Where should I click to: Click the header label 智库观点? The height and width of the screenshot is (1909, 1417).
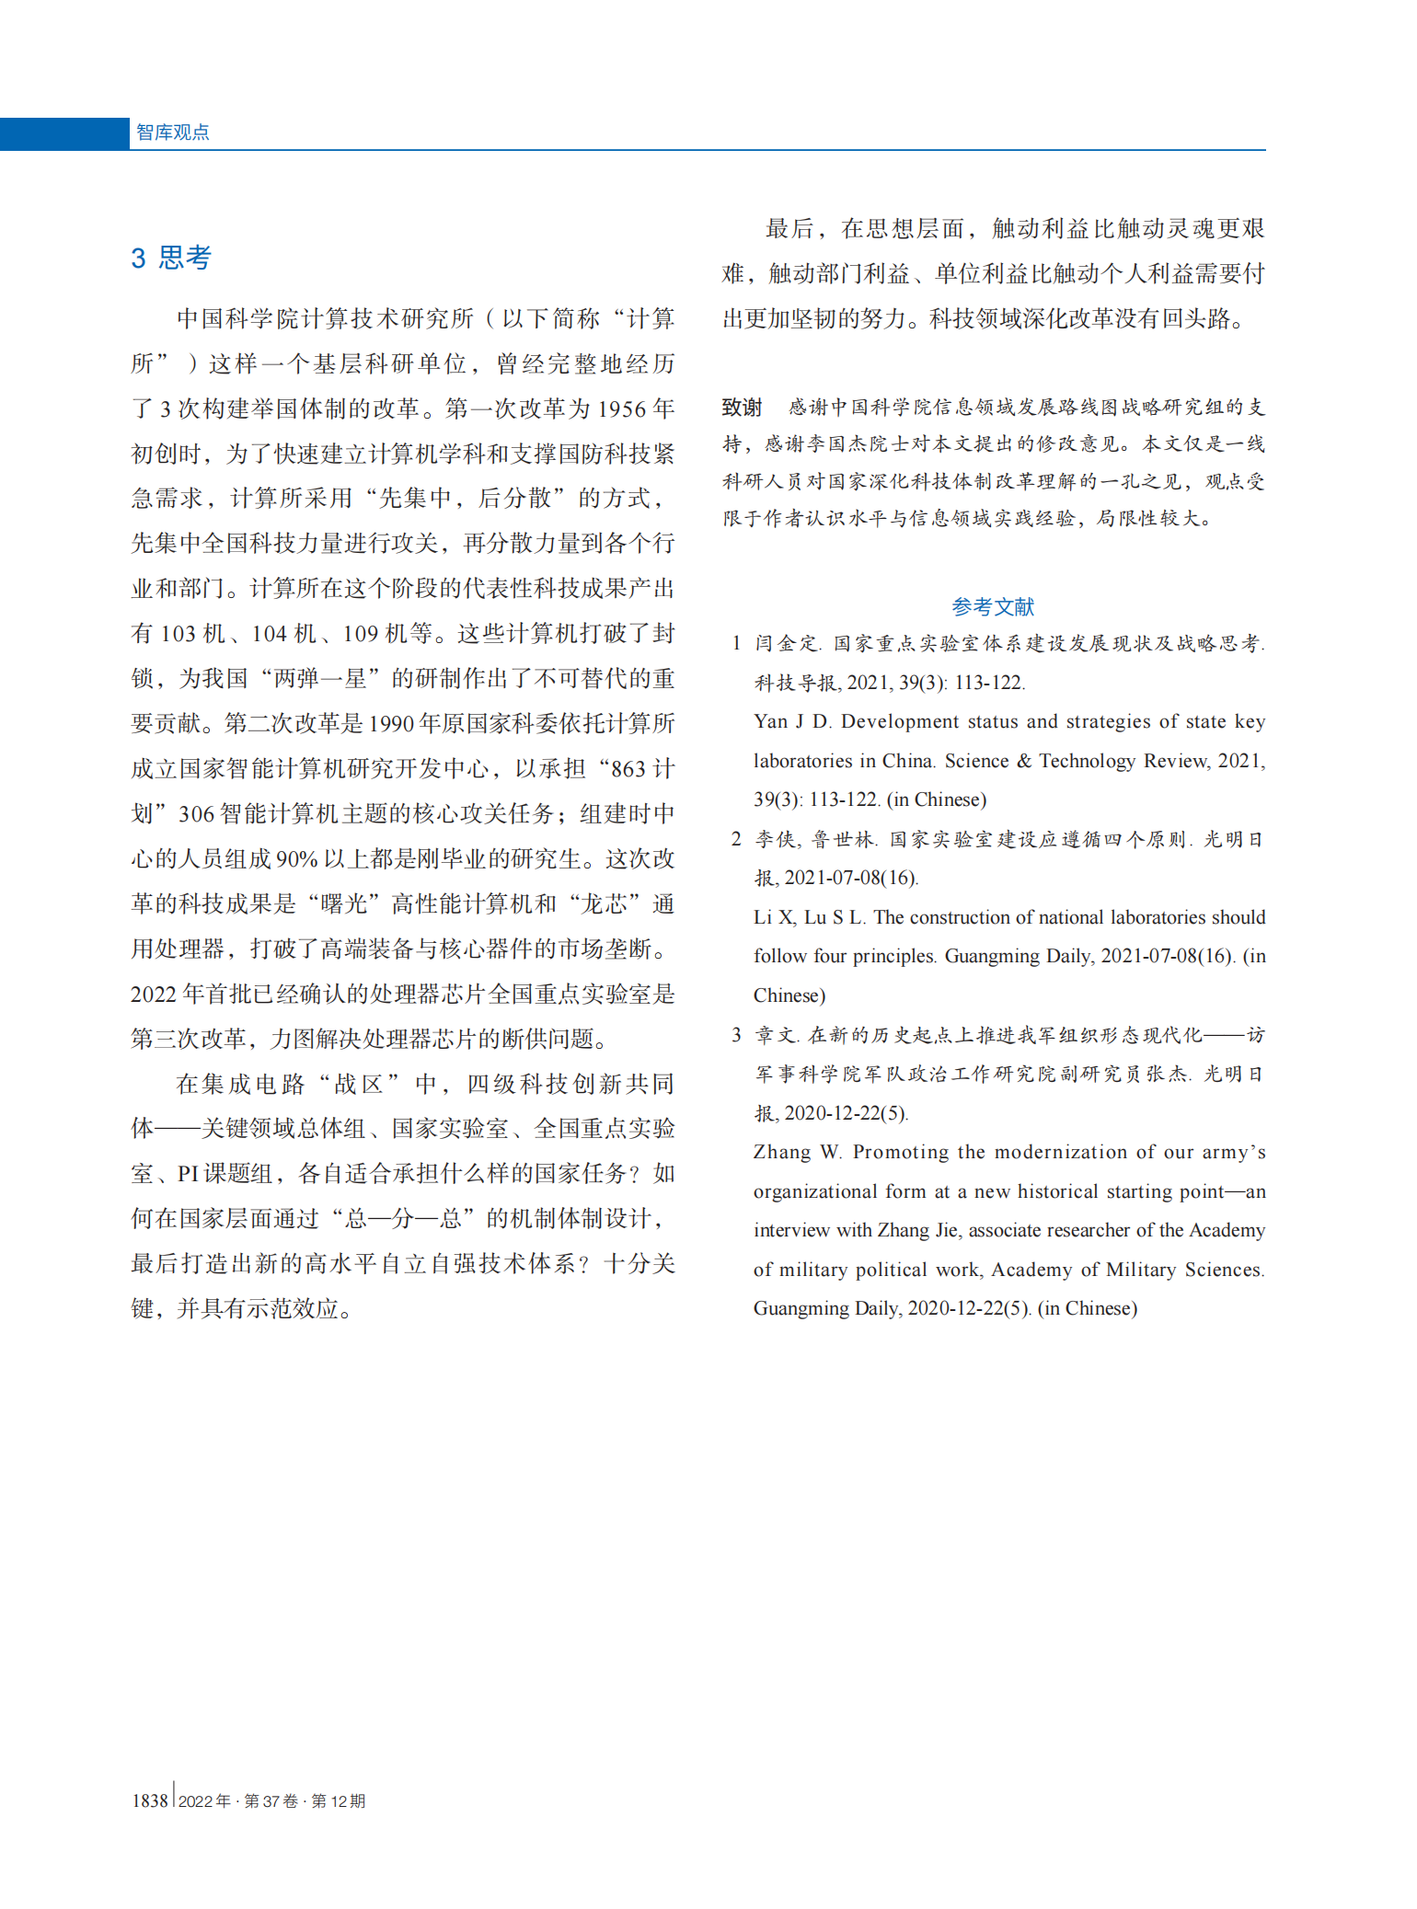click(x=172, y=132)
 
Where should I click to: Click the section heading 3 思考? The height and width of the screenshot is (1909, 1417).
click(x=171, y=258)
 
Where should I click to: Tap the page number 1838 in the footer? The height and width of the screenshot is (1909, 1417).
click(x=150, y=1800)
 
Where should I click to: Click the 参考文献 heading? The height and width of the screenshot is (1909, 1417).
click(x=993, y=606)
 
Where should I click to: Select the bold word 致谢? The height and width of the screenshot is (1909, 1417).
click(x=742, y=408)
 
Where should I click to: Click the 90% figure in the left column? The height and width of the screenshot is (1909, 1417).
click(x=295, y=858)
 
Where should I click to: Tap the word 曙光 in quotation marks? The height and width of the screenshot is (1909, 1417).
click(x=344, y=903)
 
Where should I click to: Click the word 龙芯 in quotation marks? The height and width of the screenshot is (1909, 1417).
click(x=604, y=903)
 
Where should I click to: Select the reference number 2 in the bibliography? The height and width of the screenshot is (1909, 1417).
click(x=736, y=839)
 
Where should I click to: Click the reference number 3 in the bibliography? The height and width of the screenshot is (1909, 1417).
click(x=736, y=1035)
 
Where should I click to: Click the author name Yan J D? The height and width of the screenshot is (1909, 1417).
click(x=791, y=722)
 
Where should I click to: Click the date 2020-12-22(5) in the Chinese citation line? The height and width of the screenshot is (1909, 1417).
click(x=845, y=1113)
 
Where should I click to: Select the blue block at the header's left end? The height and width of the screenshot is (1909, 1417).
click(x=64, y=133)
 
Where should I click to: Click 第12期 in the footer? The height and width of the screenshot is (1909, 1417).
click(x=339, y=1800)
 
